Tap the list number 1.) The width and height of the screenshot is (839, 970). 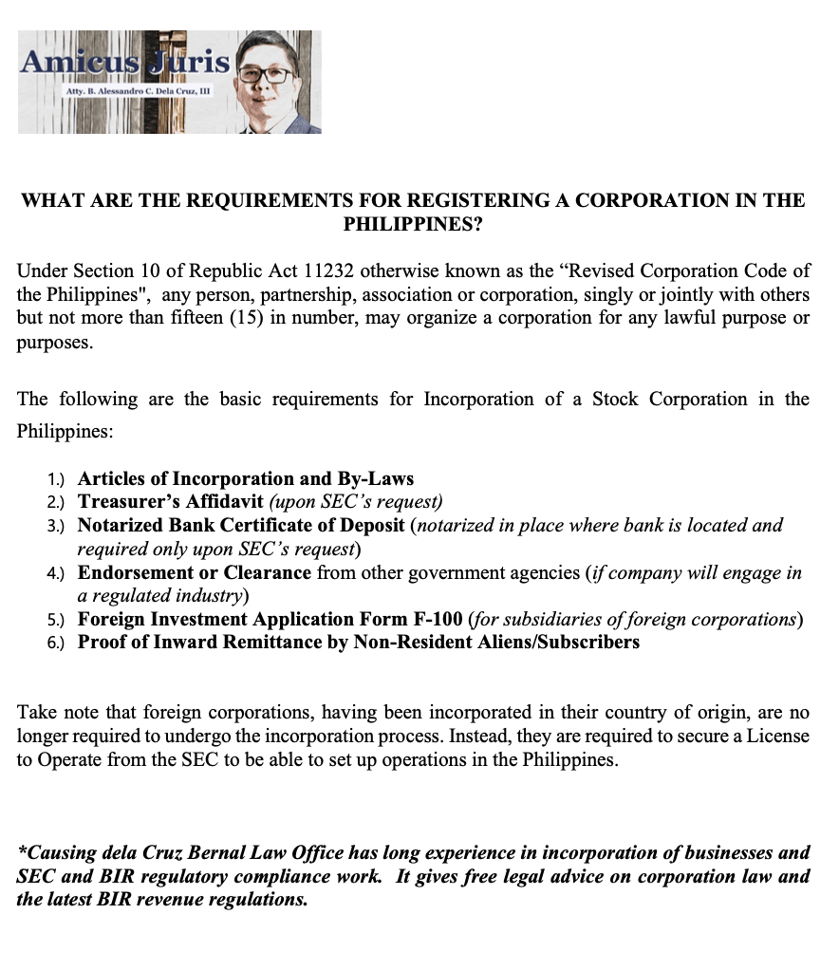58,479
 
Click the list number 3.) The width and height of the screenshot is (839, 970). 58,526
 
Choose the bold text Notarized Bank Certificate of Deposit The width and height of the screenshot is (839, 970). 241,525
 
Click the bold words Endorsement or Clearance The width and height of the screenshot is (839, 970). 195,572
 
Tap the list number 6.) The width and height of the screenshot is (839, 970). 58,643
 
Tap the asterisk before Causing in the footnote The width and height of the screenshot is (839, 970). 22,851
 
